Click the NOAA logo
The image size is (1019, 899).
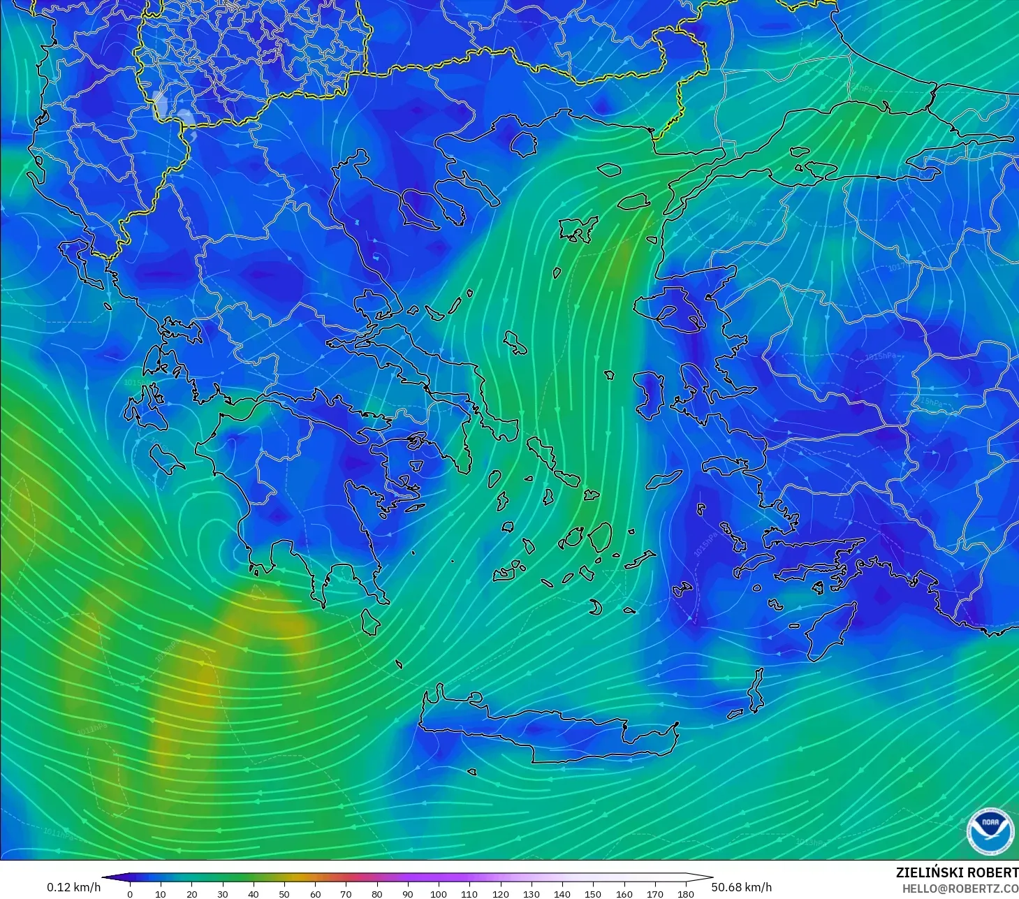990,831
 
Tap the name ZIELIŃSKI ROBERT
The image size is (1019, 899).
957,872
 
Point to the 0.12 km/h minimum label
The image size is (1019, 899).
73,887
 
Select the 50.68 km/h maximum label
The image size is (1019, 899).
742,887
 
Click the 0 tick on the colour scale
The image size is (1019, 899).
130,893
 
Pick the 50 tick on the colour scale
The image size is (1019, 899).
284,893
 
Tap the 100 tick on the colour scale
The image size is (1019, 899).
439,893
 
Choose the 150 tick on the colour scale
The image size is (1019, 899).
593,893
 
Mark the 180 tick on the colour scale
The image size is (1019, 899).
686,893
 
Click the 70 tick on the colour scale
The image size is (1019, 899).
346,893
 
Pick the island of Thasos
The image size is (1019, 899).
523,143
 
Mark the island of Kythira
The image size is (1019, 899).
371,622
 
